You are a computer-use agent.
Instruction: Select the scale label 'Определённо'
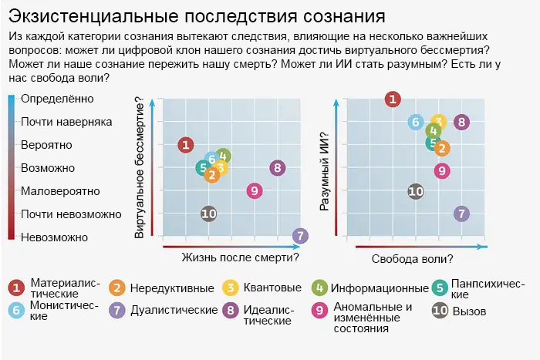point(58,99)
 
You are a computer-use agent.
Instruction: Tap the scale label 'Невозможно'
point(55,237)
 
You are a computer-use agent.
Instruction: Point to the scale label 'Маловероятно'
point(60,190)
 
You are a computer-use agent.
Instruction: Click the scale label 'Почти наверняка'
point(66,122)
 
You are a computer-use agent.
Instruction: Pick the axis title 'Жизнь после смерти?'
point(240,257)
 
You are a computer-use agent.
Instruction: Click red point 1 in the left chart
point(185,144)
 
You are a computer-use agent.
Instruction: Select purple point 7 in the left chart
point(301,236)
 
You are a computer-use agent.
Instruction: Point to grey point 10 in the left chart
point(208,214)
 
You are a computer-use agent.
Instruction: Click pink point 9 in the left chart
point(255,190)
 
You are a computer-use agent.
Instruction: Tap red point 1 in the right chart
point(393,98)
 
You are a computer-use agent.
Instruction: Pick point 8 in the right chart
point(461,121)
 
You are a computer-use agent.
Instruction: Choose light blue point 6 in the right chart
point(416,121)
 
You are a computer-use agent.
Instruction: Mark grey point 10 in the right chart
point(416,191)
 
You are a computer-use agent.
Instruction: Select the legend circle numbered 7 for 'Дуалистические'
point(117,310)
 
